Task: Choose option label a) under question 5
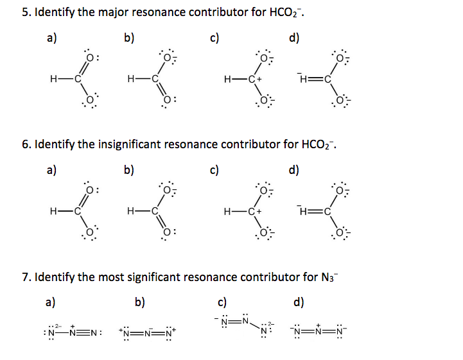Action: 51,38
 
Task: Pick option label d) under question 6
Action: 295,171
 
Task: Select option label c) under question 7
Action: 222,302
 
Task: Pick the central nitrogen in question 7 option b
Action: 149,331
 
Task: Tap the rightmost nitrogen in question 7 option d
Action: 344,331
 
